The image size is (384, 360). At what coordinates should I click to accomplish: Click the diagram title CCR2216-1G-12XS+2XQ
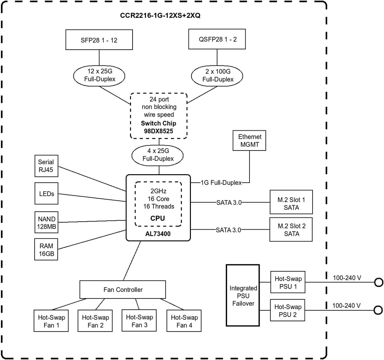click(160, 15)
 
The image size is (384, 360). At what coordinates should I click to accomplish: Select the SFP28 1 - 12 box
click(99, 40)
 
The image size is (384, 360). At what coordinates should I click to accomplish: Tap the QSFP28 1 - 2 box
click(217, 39)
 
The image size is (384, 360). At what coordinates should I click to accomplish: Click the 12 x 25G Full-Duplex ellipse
click(99, 75)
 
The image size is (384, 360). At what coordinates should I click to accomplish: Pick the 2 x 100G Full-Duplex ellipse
click(217, 76)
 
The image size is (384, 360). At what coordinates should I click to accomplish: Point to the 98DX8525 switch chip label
click(159, 131)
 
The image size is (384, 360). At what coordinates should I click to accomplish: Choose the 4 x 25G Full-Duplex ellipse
click(158, 155)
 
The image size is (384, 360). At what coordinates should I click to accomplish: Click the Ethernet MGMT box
click(249, 141)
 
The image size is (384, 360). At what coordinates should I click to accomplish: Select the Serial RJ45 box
click(46, 166)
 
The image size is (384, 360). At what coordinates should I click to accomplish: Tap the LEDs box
click(46, 194)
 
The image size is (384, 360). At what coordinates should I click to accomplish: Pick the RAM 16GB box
click(46, 250)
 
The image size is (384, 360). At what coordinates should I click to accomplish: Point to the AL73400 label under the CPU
click(158, 234)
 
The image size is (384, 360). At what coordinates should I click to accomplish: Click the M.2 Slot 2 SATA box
click(291, 230)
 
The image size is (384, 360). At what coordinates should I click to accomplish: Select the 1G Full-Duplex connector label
click(221, 183)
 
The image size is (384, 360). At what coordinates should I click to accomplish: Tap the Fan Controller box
click(123, 290)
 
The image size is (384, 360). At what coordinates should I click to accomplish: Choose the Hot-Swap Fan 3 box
click(139, 321)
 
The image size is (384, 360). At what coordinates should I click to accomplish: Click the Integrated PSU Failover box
click(243, 295)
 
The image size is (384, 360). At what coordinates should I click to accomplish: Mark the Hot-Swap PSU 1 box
click(288, 282)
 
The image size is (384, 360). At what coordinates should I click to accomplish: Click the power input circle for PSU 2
click(378, 310)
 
